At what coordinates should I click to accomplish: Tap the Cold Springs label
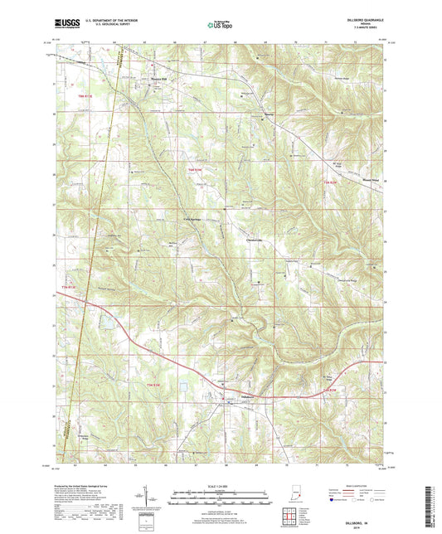point(192,219)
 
